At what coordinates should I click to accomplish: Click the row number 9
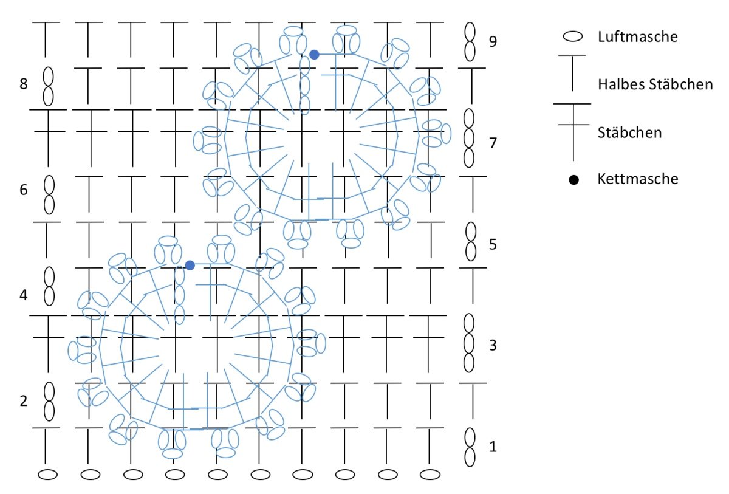click(x=493, y=42)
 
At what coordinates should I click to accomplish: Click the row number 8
click(x=24, y=84)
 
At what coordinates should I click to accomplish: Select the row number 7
click(x=493, y=143)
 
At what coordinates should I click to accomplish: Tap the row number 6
click(x=24, y=190)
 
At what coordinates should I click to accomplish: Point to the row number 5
click(x=493, y=244)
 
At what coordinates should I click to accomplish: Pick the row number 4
click(x=24, y=295)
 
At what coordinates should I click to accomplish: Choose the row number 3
click(x=493, y=346)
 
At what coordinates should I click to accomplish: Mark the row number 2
click(x=24, y=401)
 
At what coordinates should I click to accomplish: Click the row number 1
click(x=493, y=447)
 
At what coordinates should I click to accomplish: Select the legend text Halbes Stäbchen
click(x=655, y=84)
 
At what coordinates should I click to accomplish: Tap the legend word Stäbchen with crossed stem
click(x=629, y=132)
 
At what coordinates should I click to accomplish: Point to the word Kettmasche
click(x=638, y=179)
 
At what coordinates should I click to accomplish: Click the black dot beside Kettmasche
click(x=573, y=180)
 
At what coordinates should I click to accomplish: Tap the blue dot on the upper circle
click(x=314, y=55)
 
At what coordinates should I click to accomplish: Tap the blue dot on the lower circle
click(x=190, y=266)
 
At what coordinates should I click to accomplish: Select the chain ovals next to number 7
click(x=469, y=138)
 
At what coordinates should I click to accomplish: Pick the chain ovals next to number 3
click(x=469, y=343)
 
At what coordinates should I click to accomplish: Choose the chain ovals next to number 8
click(x=48, y=85)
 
